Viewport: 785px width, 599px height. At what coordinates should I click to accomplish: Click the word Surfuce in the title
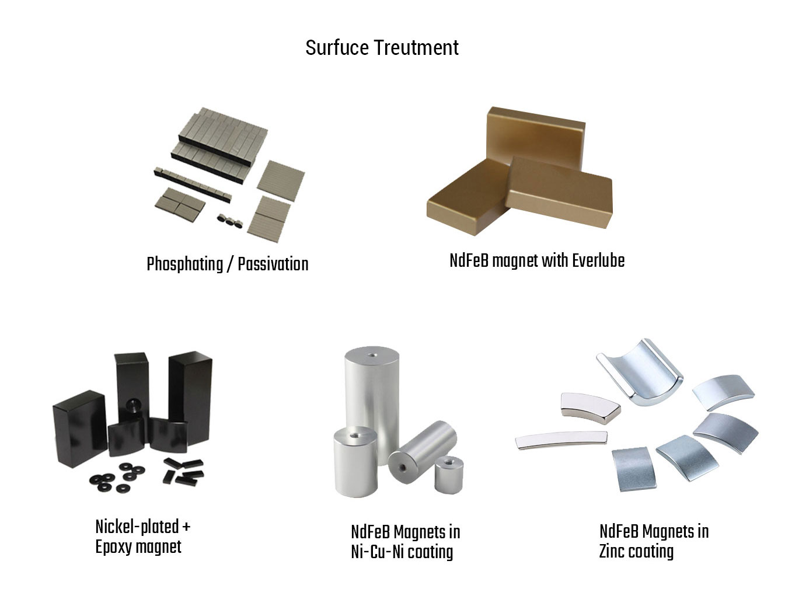tap(337, 48)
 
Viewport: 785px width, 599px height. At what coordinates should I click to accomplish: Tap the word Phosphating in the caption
tap(185, 265)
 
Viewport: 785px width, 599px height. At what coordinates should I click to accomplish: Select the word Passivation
tap(273, 264)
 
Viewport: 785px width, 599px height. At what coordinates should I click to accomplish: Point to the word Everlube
tap(598, 260)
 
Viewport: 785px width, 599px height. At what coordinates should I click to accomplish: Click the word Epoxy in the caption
tap(114, 547)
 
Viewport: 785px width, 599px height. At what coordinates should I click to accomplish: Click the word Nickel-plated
tap(137, 527)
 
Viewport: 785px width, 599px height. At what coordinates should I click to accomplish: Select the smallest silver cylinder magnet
tap(449, 475)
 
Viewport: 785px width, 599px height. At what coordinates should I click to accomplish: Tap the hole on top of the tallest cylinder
tap(372, 355)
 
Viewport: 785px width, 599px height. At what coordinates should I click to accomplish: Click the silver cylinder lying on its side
tap(422, 451)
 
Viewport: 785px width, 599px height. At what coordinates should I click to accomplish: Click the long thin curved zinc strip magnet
tap(561, 440)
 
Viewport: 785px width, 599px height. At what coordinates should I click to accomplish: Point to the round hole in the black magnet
tap(132, 405)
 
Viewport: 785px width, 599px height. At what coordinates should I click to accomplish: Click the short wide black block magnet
tap(80, 429)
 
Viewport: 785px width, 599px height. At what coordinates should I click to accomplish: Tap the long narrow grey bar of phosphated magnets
tap(193, 184)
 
